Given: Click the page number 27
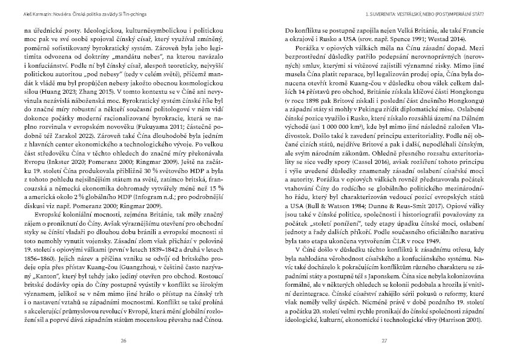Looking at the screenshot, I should coord(384,341).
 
